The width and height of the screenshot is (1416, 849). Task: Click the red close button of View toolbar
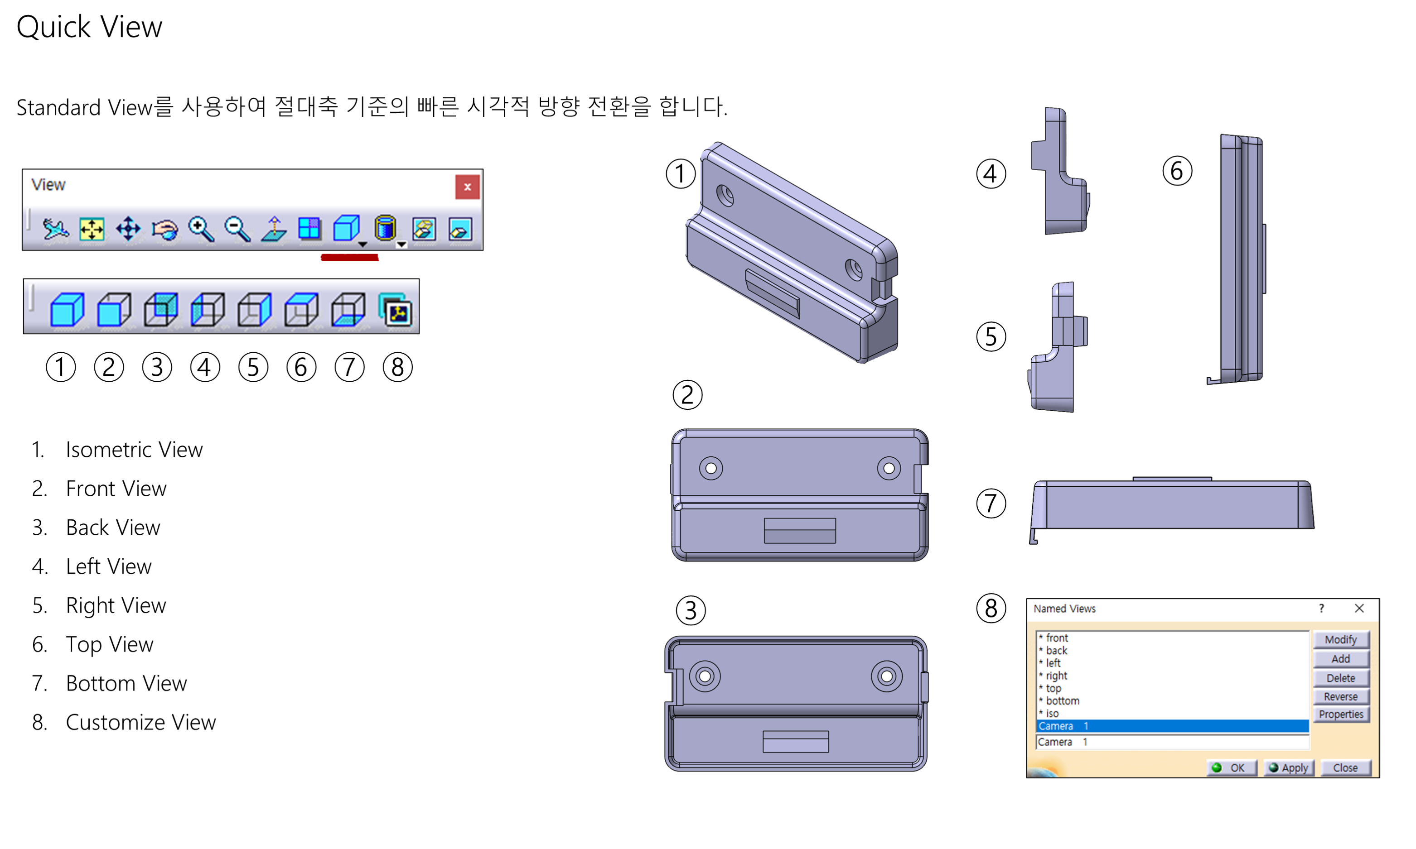467,187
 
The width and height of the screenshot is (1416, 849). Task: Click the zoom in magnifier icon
201,229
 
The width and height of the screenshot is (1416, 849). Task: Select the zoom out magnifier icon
237,229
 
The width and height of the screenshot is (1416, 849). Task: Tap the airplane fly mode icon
56,229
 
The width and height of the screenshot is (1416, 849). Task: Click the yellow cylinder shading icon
385,228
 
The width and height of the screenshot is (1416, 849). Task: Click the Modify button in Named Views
1340,639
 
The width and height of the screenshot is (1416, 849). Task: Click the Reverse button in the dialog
1340,696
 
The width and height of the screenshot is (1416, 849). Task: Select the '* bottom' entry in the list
1062,700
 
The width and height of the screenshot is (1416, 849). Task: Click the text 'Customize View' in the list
141,722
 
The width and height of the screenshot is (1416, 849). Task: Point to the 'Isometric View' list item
134,450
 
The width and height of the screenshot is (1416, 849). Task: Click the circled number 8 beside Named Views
991,608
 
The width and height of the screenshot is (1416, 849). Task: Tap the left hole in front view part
711,468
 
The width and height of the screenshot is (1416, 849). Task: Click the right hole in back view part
887,676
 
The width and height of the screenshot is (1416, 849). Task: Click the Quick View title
89,27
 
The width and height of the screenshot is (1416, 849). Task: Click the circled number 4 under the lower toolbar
205,367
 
